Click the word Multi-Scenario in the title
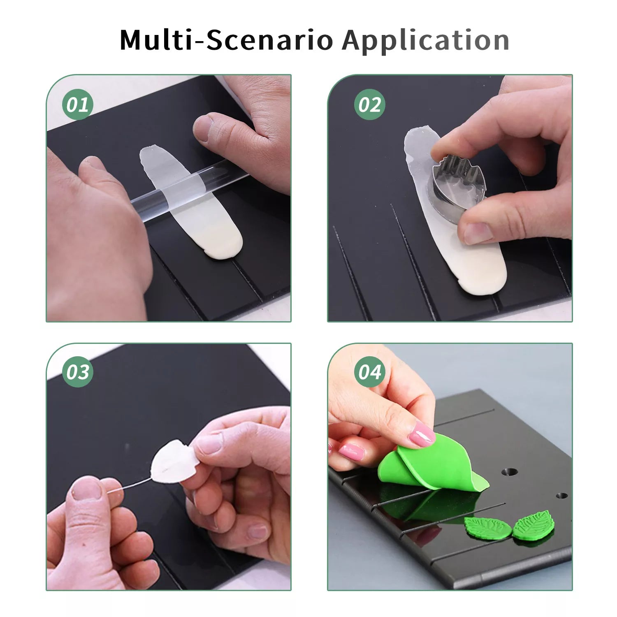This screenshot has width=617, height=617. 226,40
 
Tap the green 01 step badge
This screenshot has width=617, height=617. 77,104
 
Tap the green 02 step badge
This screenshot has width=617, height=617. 369,104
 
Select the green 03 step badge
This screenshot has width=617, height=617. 77,372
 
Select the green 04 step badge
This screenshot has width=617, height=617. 369,372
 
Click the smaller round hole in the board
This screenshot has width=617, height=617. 562,496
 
